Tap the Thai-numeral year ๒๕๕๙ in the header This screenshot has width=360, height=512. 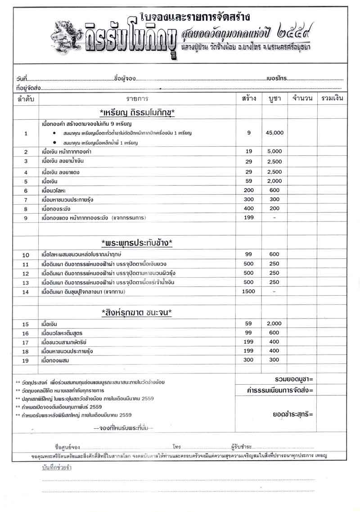(x=293, y=33)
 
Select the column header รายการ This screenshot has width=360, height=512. (x=137, y=98)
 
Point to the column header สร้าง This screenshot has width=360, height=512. (x=249, y=98)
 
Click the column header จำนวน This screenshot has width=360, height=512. (x=303, y=98)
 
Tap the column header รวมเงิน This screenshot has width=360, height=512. (x=333, y=98)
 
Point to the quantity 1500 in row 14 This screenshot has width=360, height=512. (x=249, y=292)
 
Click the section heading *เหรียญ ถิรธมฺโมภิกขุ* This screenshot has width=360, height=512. (x=137, y=112)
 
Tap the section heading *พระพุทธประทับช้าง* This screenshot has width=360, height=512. (x=137, y=243)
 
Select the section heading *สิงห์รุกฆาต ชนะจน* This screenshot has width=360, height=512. (x=137, y=312)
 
